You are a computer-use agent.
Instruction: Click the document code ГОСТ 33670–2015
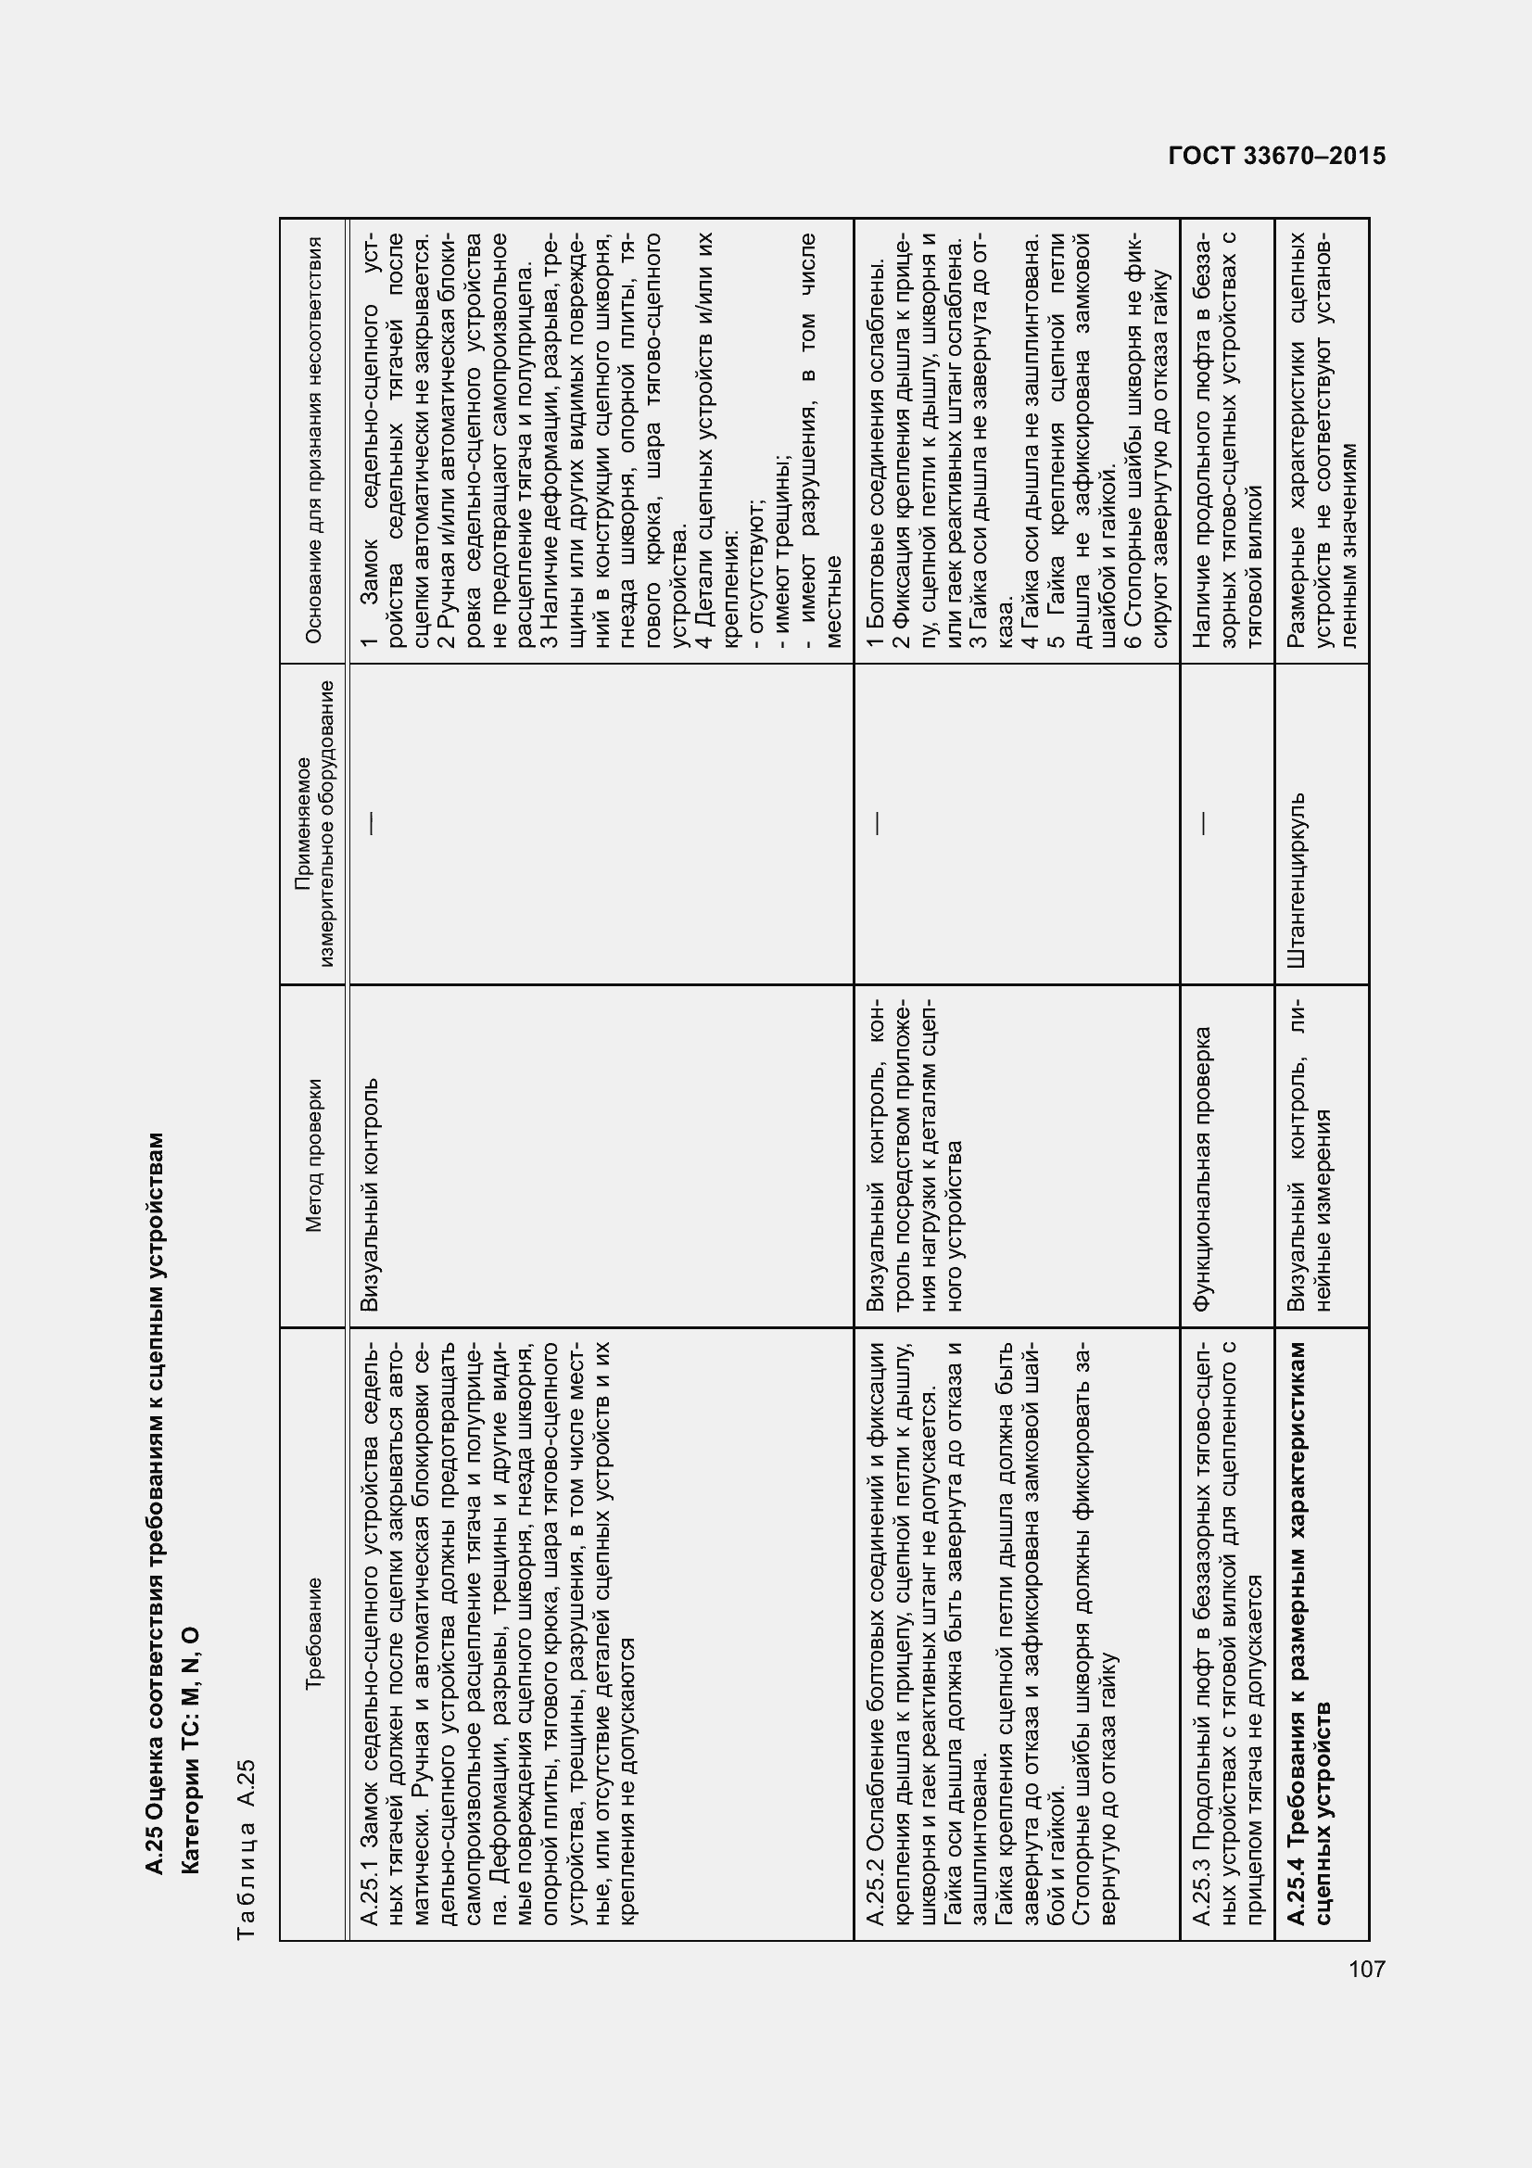coord(1277,156)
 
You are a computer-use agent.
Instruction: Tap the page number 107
coord(1366,1970)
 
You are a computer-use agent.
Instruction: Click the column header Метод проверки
coord(314,1156)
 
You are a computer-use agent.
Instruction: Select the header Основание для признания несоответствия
coord(314,440)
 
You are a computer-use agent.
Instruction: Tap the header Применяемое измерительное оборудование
coord(314,823)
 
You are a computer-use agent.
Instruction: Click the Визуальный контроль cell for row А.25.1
coord(371,1195)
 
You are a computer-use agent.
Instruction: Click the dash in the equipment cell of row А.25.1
coord(371,823)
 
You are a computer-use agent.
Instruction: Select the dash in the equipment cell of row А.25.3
coord(1203,823)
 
